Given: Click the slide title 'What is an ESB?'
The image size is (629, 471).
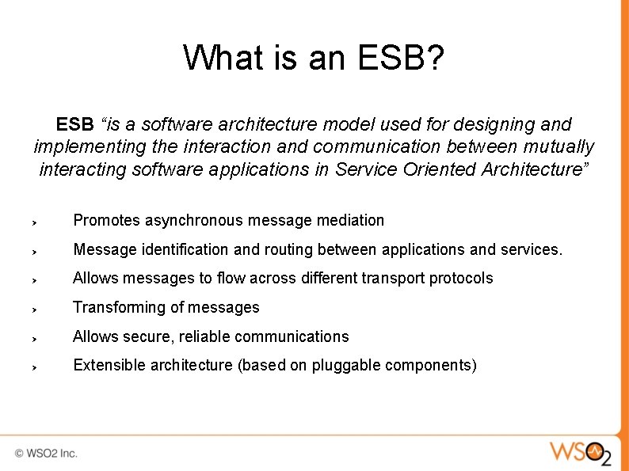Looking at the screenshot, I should (314, 58).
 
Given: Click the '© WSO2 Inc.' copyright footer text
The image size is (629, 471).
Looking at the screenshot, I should (46, 454).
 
